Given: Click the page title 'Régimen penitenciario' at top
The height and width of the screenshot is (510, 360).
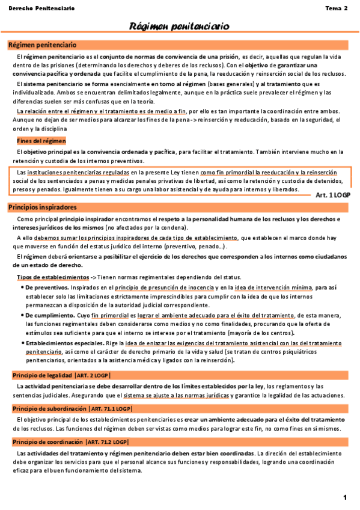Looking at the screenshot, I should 180,26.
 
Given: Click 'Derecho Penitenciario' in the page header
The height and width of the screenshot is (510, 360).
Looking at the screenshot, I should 41,8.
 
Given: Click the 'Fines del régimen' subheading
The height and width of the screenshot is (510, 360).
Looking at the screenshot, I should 41,140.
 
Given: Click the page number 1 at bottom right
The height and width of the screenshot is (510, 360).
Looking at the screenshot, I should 345,497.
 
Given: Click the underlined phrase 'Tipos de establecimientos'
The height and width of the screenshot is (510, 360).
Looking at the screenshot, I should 52,277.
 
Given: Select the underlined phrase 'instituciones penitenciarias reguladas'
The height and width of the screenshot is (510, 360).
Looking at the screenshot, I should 78,173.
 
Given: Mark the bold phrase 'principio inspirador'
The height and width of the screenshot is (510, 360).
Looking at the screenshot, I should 79,219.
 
